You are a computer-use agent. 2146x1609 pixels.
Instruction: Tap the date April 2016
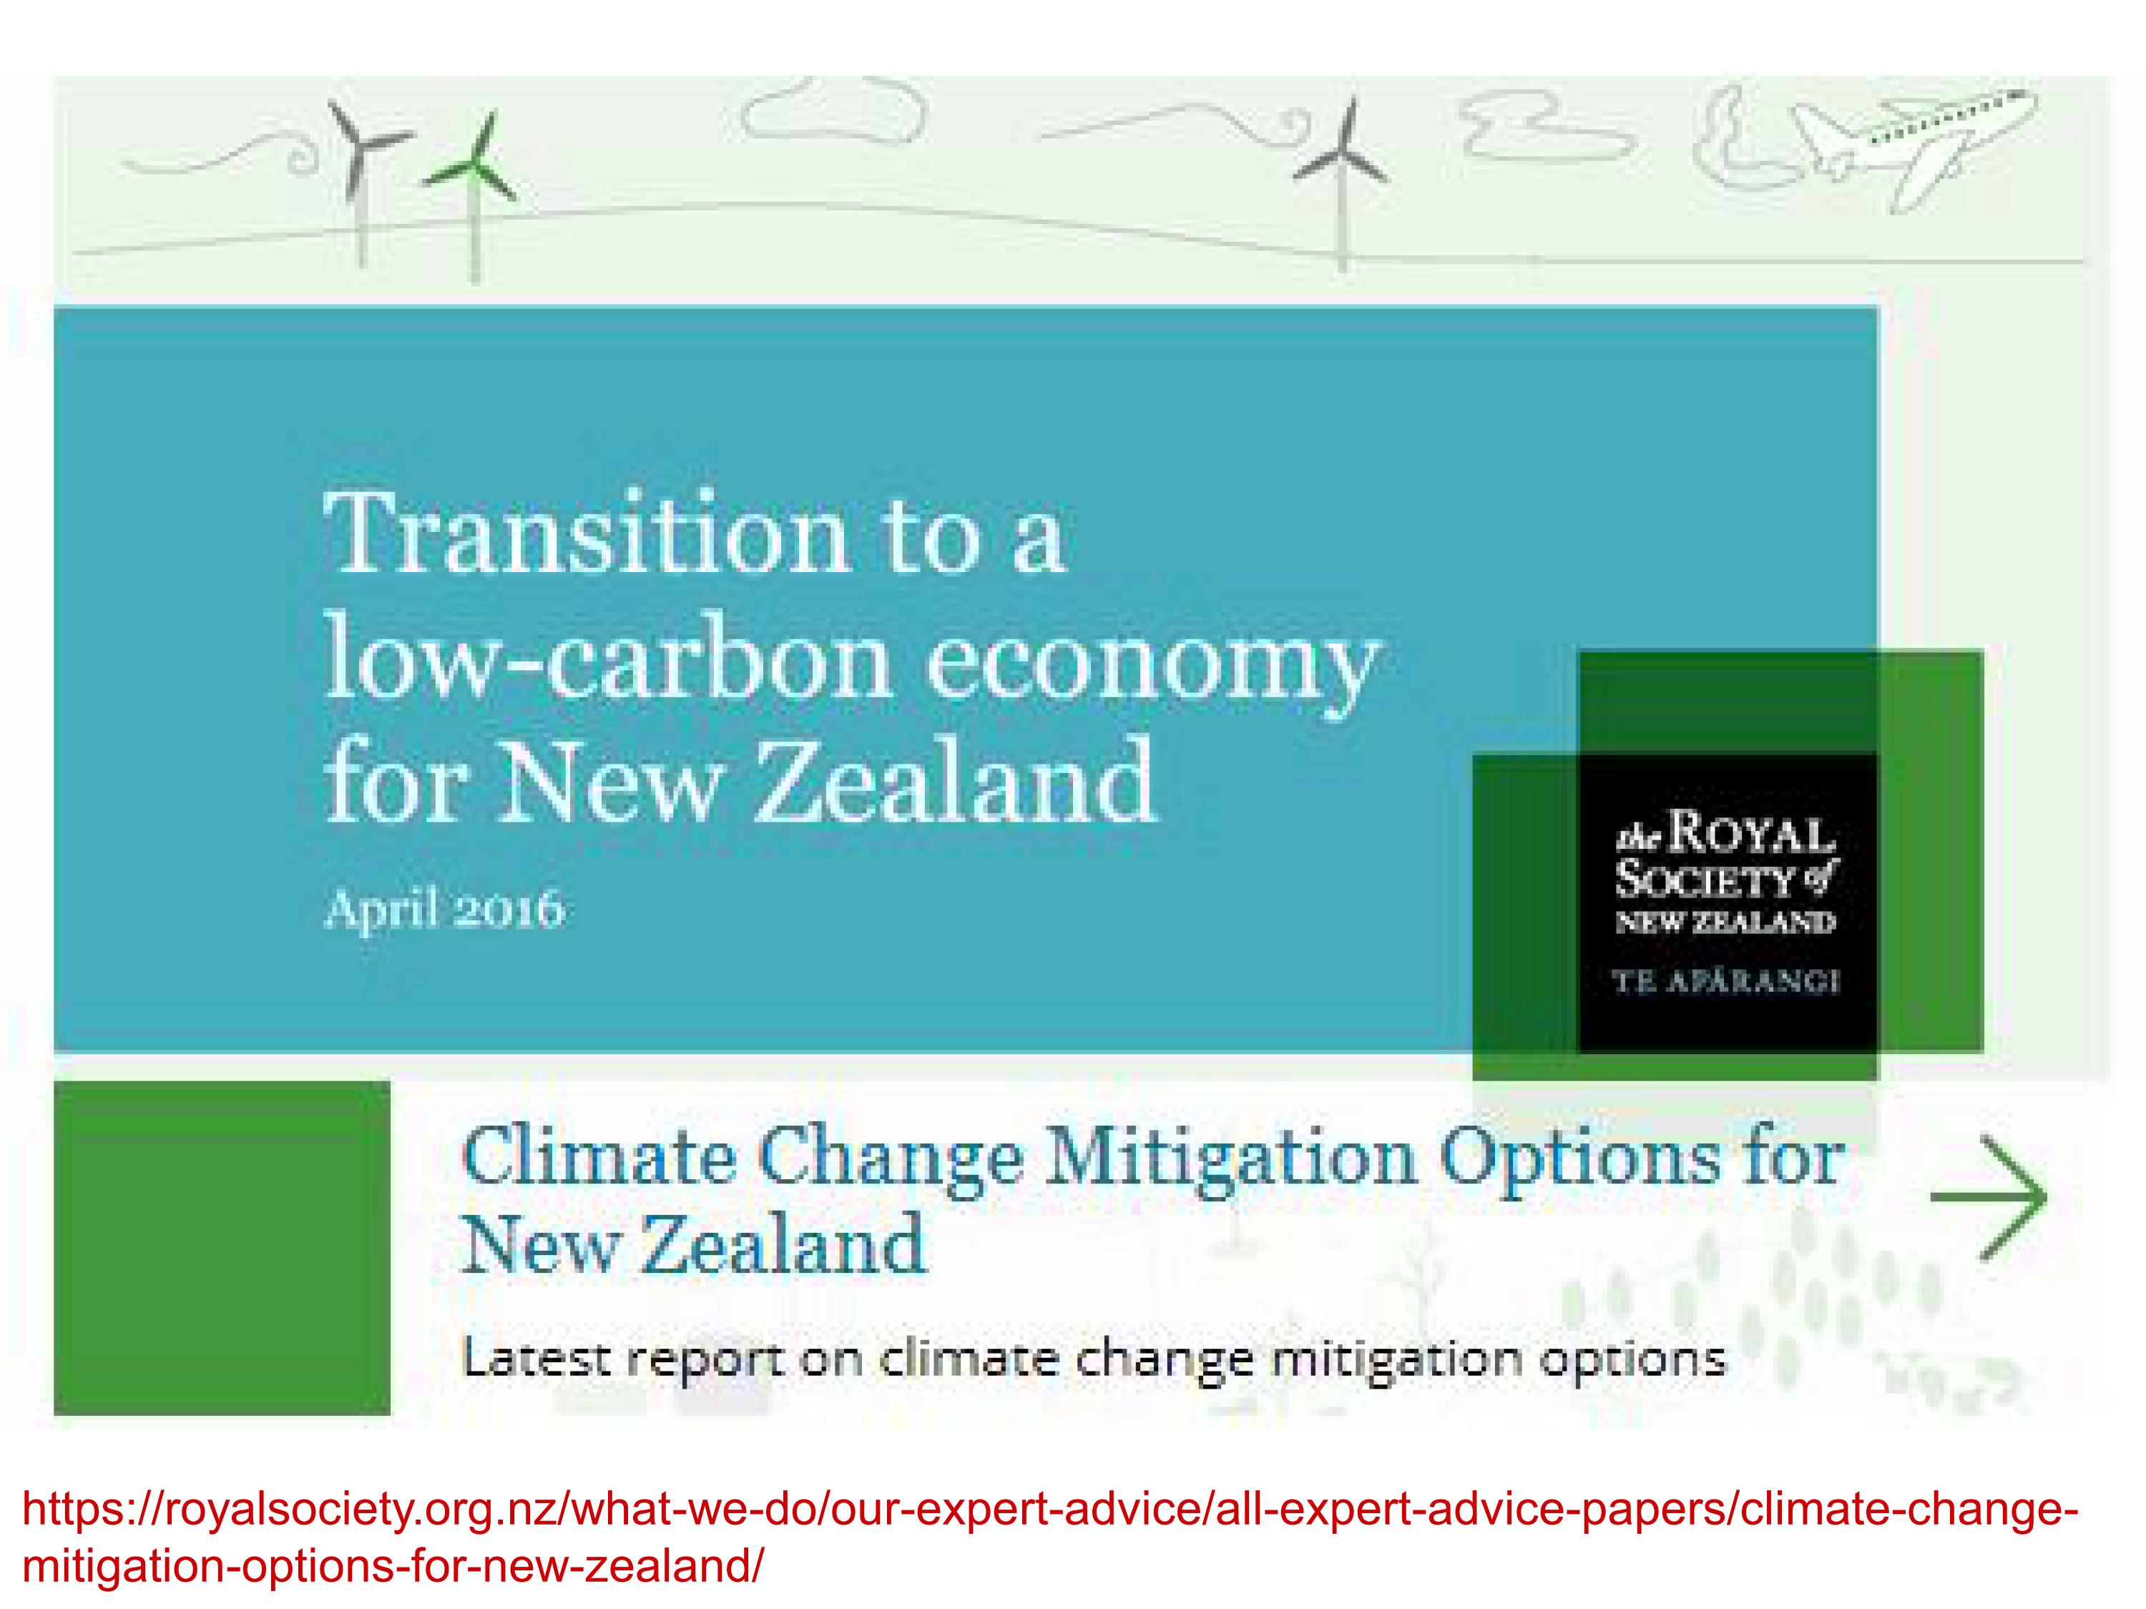(444, 910)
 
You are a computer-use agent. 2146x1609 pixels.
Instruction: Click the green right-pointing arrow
(1989, 1197)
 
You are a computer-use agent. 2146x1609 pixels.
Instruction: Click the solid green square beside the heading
(222, 1248)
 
